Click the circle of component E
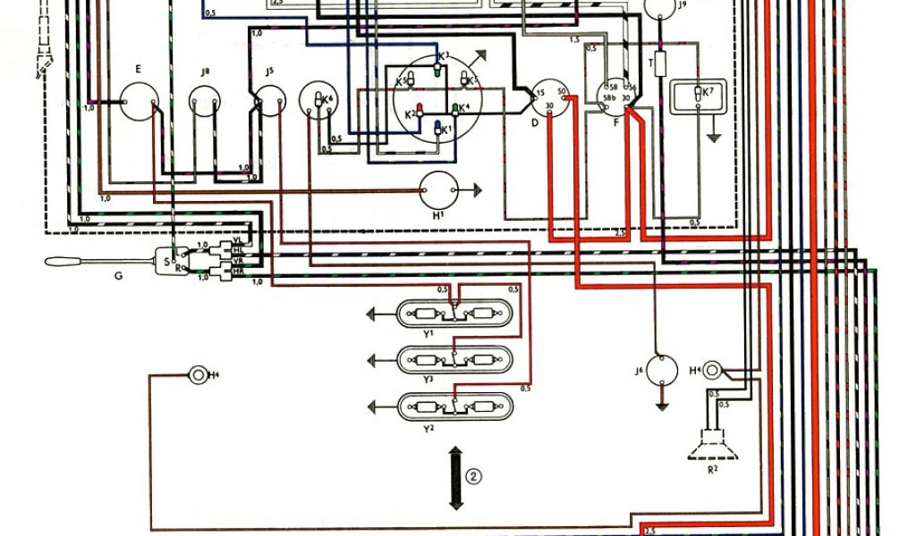coord(139,105)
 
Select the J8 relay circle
coord(205,104)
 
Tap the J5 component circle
coord(269,104)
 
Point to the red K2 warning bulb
coord(419,113)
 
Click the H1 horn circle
coord(438,189)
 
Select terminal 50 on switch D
coord(563,92)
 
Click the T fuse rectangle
coord(660,64)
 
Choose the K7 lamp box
coord(700,94)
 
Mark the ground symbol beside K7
coord(713,138)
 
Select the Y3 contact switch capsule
coord(454,360)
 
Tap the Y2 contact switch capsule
coord(454,407)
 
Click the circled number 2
coord(474,476)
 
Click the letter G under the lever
coord(117,276)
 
